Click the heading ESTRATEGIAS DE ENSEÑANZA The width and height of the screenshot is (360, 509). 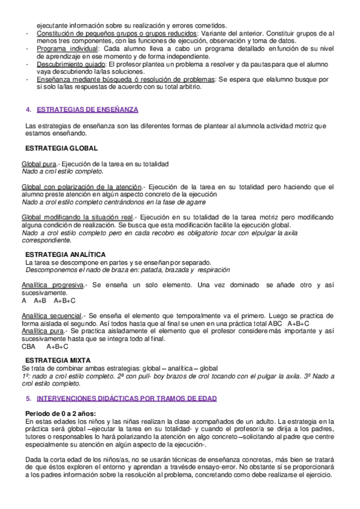[88, 109]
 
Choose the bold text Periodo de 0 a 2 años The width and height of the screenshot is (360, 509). [61, 415]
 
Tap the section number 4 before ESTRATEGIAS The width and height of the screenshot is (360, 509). [28, 109]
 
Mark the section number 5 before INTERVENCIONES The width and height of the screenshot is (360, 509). [28, 399]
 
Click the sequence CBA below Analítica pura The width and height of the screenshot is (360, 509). [28, 346]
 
